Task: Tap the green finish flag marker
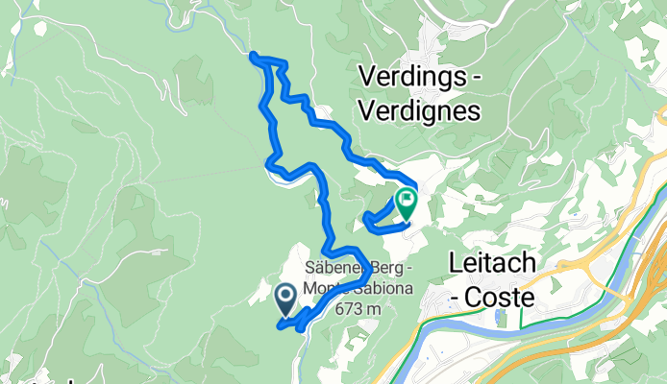406,203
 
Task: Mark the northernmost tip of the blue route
254,57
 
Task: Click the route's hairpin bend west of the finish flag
367,222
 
